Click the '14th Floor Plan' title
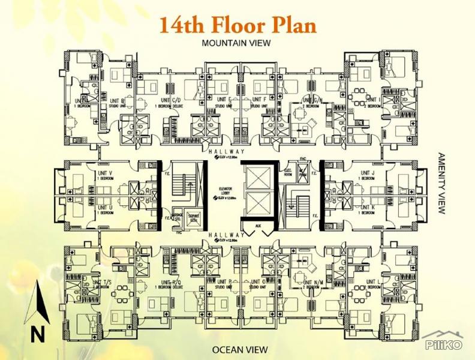(237, 25)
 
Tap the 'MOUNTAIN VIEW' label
(237, 43)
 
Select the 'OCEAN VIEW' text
(237, 349)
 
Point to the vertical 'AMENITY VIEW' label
(443, 182)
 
